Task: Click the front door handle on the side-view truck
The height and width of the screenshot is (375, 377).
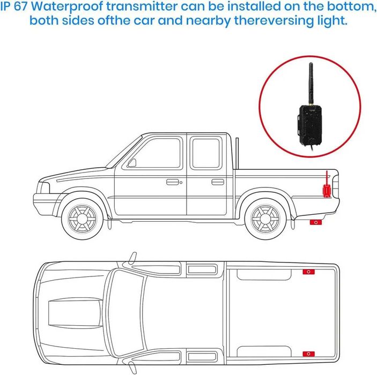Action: (172, 182)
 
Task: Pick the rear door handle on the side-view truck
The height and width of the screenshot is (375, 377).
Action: (218, 182)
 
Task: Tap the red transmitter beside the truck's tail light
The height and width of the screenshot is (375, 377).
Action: (326, 189)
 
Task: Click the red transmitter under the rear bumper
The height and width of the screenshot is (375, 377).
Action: (316, 221)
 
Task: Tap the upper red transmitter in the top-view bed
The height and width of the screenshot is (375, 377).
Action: (309, 272)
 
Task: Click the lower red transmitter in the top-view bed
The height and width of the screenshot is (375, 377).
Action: (309, 354)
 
